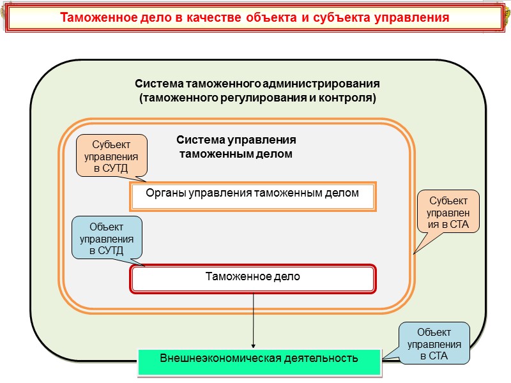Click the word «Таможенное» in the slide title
pos(95,17)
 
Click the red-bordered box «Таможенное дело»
pos(253,278)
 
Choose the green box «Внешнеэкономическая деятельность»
pos(259,357)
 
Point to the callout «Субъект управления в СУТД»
pos(112,155)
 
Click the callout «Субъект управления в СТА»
pos(447,211)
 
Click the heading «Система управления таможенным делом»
pos(236,147)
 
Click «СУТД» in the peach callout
pos(116,168)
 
